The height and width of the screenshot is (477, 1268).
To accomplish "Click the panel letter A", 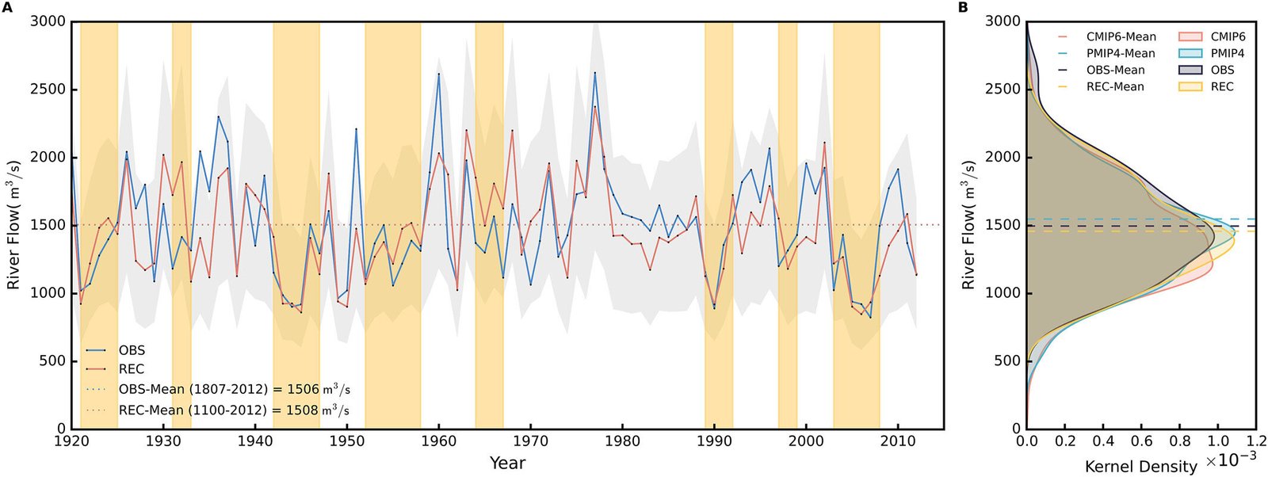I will coord(7,8).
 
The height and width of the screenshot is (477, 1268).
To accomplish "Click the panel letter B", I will coord(963,8).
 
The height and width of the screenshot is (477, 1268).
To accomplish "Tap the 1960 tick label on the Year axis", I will coord(438,441).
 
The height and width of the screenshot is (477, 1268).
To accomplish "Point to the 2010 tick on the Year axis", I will coord(897,441).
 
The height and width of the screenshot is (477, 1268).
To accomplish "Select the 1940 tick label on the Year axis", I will coord(255,441).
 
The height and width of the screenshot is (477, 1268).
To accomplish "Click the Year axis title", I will coord(507,463).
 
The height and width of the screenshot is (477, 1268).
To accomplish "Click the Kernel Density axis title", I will coord(1140,466).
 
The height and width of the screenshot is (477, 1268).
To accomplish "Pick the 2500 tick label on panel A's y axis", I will coord(48,89).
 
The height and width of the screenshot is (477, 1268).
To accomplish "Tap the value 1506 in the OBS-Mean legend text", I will coord(303,390).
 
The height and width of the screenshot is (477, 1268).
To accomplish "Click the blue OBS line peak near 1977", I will coord(595,73).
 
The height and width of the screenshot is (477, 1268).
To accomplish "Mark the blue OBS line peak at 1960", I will coord(439,74).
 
